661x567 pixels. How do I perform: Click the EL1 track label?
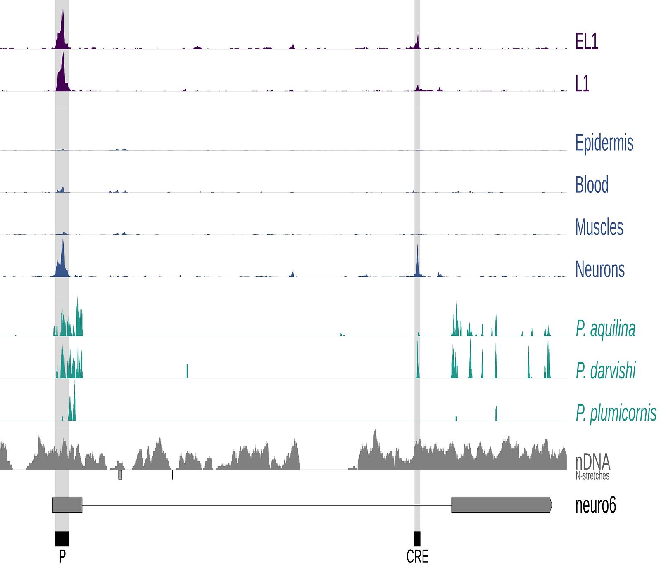point(586,41)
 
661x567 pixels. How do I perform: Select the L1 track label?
point(582,83)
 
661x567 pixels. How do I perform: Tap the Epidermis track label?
point(604,143)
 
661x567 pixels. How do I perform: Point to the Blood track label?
point(592,185)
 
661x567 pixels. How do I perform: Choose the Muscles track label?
point(599,227)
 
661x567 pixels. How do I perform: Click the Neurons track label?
point(600,269)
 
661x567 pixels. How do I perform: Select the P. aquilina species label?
point(605,329)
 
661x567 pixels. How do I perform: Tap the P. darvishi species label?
point(605,371)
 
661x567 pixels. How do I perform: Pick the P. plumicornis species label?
point(616,413)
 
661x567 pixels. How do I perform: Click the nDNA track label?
point(592,462)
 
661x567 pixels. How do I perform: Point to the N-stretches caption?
point(592,476)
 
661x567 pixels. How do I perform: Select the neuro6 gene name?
point(595,505)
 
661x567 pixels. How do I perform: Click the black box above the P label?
point(62,539)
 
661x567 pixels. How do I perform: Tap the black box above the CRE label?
point(417,539)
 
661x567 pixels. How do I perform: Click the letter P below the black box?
point(62,556)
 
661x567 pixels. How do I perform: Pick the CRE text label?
point(417,557)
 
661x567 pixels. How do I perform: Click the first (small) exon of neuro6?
point(67,505)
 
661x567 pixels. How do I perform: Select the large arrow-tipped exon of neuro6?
point(501,505)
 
